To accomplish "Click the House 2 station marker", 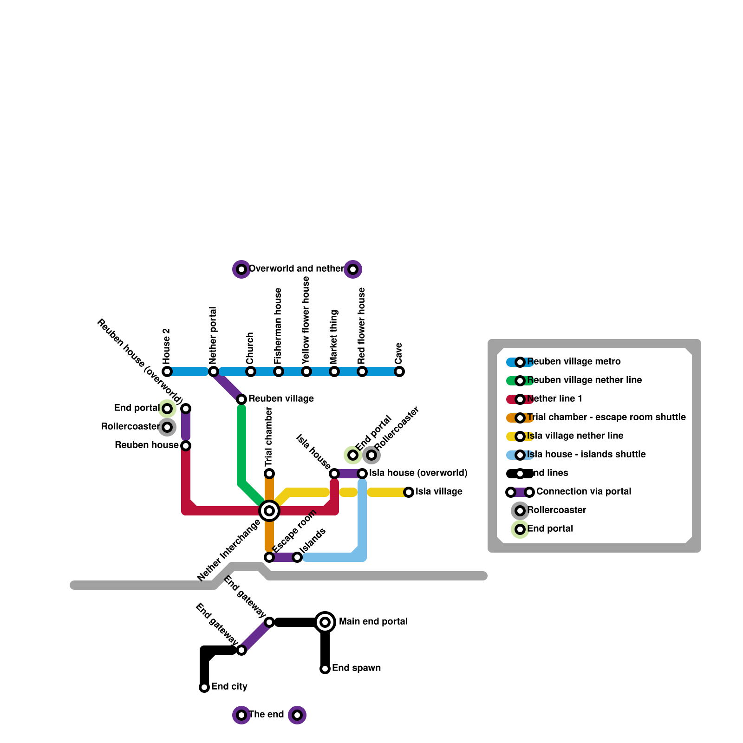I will pyautogui.click(x=167, y=371).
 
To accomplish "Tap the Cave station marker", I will pyautogui.click(x=399, y=371).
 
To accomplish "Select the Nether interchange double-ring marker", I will pyautogui.click(x=269, y=511).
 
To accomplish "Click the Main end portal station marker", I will pyautogui.click(x=325, y=622).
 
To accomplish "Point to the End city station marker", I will pyautogui.click(x=204, y=687).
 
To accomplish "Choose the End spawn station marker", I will pyautogui.click(x=325, y=669).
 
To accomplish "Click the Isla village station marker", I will pyautogui.click(x=409, y=492).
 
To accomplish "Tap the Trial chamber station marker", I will pyautogui.click(x=269, y=474).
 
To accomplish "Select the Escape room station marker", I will pyautogui.click(x=269, y=557).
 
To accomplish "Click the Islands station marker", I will pyautogui.click(x=297, y=557).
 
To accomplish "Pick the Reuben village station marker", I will pyautogui.click(x=241, y=399).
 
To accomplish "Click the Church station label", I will pyautogui.click(x=250, y=348).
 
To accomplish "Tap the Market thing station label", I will pyautogui.click(x=334, y=337).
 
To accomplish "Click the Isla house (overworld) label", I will pyautogui.click(x=418, y=473).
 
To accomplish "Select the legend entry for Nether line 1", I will pyautogui.click(x=554, y=399).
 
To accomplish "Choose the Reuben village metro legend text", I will pyautogui.click(x=574, y=362).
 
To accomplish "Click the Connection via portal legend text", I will pyautogui.click(x=584, y=492).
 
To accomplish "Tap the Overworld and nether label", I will pyautogui.click(x=296, y=269).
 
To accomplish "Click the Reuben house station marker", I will pyautogui.click(x=186, y=446).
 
